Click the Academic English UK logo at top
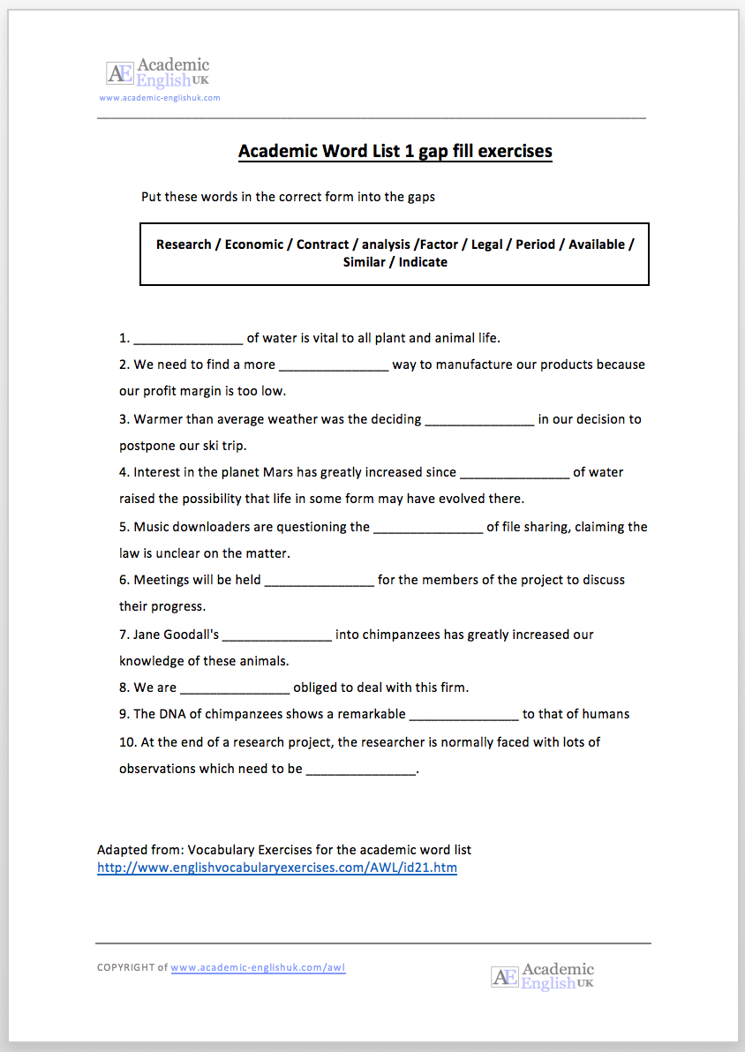pos(158,71)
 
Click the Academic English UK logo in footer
pos(542,975)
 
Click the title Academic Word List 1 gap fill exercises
pos(395,151)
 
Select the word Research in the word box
pos(184,244)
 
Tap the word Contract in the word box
pos(322,244)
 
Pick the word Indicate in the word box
pos(423,262)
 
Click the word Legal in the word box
pos(486,244)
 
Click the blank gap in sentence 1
pos(188,338)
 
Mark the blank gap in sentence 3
pos(479,419)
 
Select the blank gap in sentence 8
pos(235,688)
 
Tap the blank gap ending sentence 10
pos(360,769)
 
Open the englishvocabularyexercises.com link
pos(277,868)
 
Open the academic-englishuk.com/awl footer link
pos(258,967)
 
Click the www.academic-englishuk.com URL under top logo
pos(160,98)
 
